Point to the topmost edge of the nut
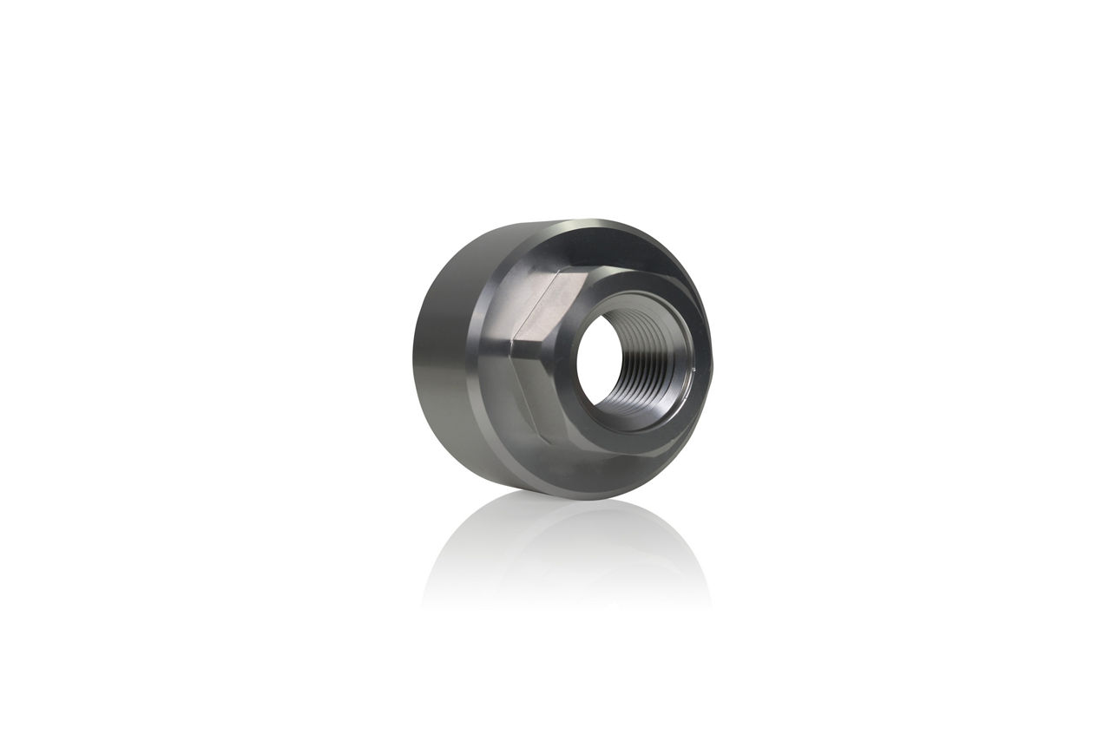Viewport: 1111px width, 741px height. tap(590, 220)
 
